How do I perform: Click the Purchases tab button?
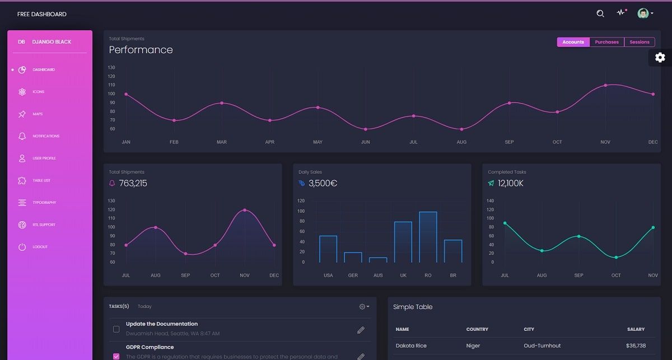tap(606, 42)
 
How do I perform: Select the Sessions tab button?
tap(639, 42)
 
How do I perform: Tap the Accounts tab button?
tap(573, 42)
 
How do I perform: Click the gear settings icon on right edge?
tap(660, 57)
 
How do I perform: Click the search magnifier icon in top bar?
tap(600, 13)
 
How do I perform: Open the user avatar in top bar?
tap(643, 13)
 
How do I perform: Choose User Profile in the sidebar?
tap(44, 158)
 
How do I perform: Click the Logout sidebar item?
tap(40, 247)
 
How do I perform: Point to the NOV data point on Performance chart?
tap(605, 85)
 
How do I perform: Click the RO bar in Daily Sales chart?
tap(428, 237)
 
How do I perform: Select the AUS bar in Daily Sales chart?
tap(378, 260)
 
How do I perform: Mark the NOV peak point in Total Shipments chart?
tap(245, 210)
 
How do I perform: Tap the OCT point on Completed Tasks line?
tap(616, 258)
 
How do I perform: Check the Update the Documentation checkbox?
tap(116, 329)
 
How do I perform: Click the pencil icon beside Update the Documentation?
tap(361, 330)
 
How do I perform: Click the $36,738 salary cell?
tap(636, 345)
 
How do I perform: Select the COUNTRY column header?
tap(477, 329)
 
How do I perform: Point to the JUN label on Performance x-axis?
tap(365, 142)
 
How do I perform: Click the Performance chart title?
tap(141, 50)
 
